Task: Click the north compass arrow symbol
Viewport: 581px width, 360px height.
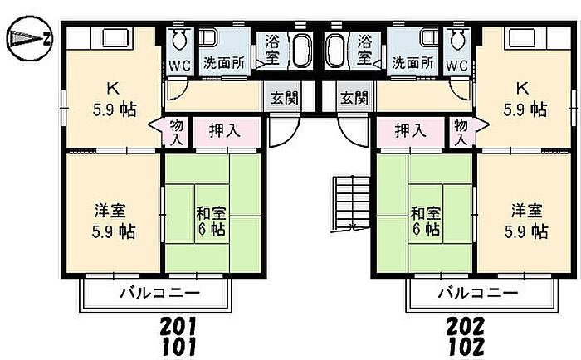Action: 30,38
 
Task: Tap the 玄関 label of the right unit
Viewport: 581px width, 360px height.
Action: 354,98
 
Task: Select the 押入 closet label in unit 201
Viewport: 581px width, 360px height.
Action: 222,129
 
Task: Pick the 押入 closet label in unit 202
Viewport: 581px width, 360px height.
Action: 410,129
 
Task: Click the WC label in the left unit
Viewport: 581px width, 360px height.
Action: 178,63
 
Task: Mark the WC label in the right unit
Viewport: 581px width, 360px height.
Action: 457,63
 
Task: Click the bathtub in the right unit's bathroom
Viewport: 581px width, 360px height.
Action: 335,51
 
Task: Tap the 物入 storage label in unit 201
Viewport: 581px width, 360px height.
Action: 177,131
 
